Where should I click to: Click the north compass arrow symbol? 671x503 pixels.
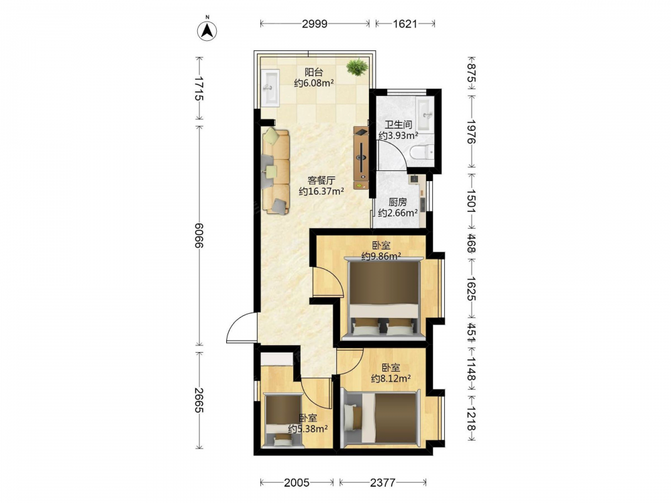207,30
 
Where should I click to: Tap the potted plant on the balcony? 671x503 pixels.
357,66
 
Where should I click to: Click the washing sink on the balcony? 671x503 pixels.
270,87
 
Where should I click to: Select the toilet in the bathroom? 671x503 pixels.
421,152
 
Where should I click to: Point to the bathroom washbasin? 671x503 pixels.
425,114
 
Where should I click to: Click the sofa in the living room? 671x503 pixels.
276,171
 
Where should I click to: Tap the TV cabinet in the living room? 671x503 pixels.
361,158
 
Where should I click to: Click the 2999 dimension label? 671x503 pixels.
315,23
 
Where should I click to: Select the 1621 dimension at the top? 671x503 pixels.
405,23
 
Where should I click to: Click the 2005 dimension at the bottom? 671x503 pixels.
297,482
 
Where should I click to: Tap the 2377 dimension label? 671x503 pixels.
382,482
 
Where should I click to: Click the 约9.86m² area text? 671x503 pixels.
381,256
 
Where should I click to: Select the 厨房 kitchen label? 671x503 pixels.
397,202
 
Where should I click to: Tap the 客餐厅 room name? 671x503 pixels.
321,180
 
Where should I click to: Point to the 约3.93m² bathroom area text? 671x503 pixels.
398,135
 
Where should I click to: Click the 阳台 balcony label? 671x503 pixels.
313,72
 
